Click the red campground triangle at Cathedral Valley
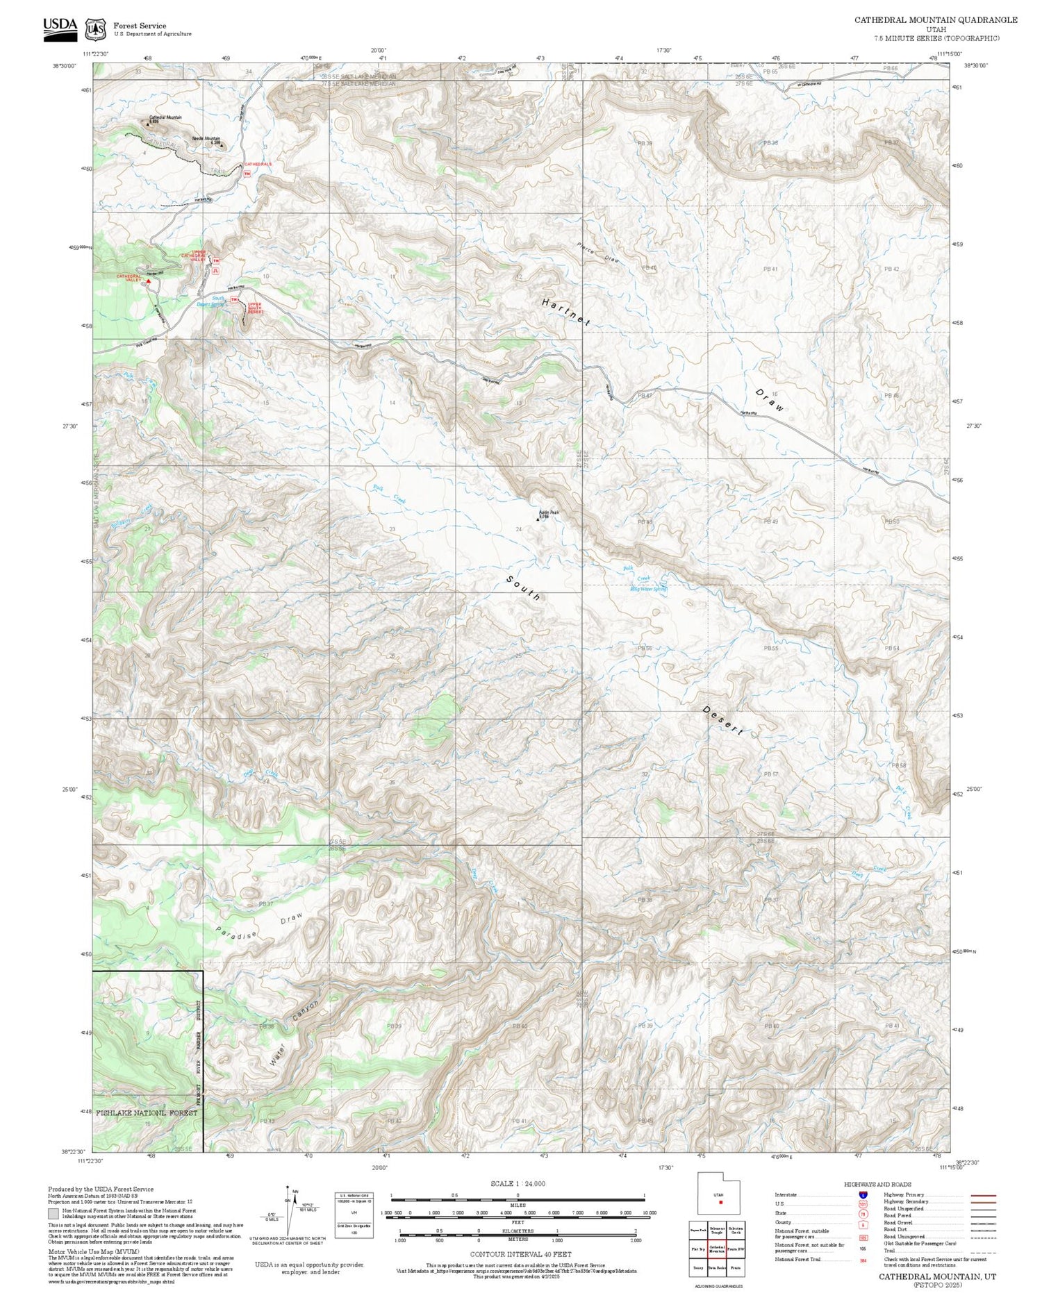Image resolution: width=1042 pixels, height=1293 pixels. [148, 282]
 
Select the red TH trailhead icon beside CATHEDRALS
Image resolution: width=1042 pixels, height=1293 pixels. [247, 174]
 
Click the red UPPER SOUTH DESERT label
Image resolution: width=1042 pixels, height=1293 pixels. [256, 308]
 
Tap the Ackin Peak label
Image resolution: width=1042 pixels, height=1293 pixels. [549, 512]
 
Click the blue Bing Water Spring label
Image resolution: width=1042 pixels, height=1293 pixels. [648, 589]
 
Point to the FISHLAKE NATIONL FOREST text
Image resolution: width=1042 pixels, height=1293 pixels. [146, 1112]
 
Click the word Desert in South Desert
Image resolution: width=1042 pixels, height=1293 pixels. [723, 721]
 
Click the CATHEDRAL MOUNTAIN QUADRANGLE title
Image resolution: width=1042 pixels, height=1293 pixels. [935, 19]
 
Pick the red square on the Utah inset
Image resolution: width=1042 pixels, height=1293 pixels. [721, 1201]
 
